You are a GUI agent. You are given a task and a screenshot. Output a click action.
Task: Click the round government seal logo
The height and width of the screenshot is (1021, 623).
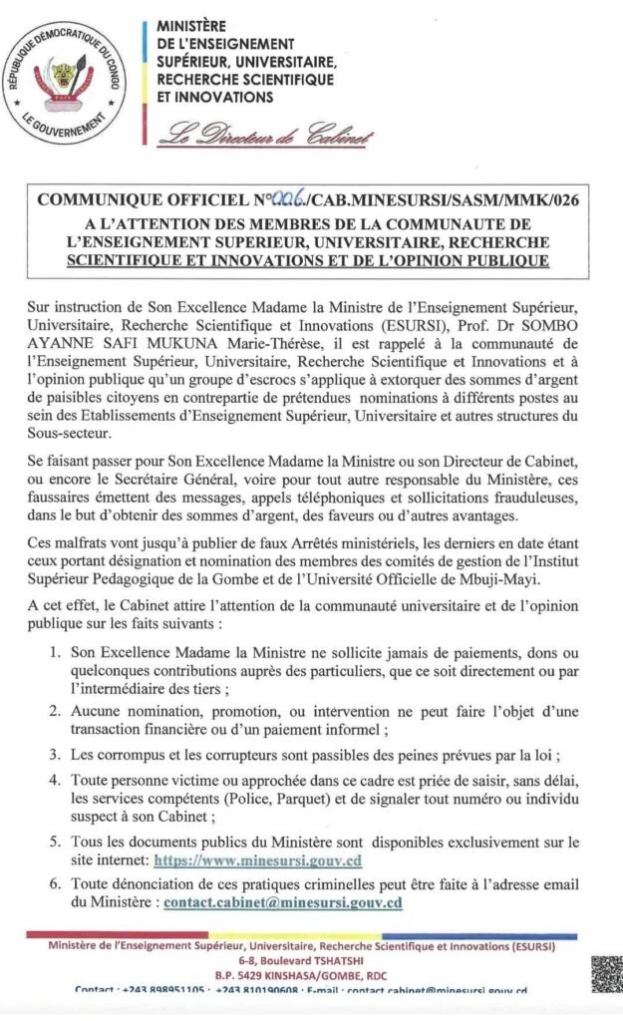66,79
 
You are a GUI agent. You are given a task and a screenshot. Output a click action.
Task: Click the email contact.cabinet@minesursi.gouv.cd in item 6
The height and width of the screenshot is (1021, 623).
283,903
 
